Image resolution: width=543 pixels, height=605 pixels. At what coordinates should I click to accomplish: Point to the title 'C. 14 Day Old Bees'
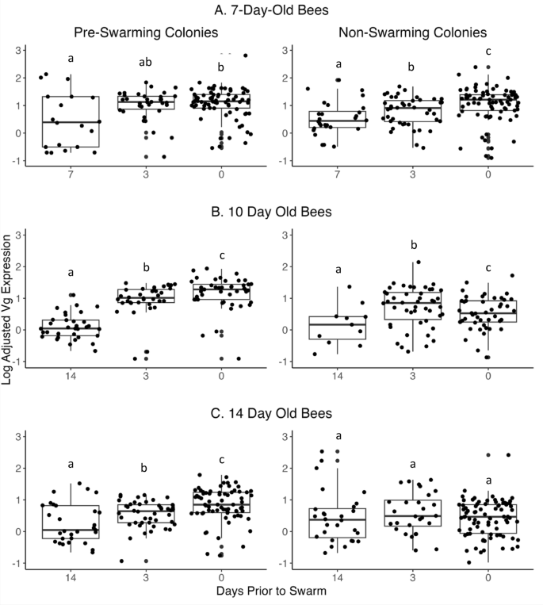(x=271, y=412)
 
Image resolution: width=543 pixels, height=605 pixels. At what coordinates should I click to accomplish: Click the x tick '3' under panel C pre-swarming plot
(x=143, y=575)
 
